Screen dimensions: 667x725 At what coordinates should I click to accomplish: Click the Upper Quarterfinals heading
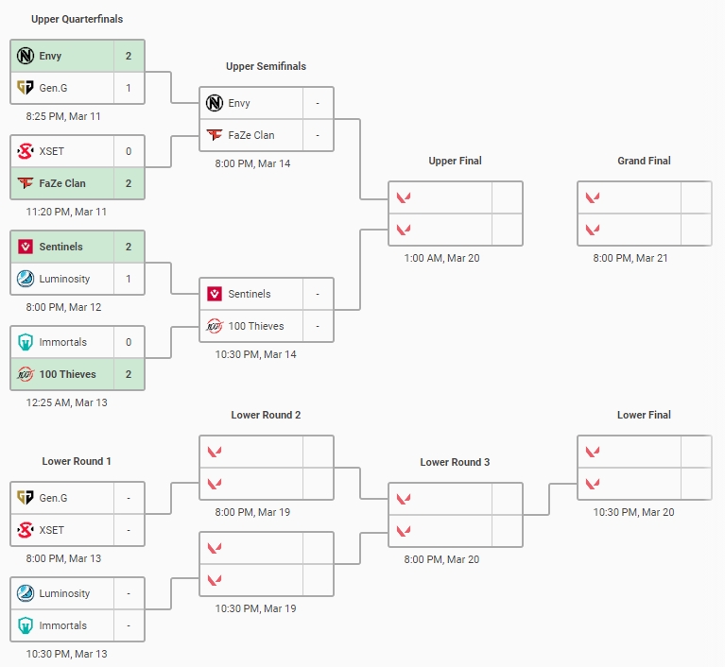[x=77, y=19]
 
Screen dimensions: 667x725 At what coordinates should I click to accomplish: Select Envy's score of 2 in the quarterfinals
[x=129, y=56]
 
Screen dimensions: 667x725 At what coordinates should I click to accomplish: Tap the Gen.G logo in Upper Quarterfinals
[x=26, y=88]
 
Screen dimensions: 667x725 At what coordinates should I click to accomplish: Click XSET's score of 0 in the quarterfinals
[x=129, y=151]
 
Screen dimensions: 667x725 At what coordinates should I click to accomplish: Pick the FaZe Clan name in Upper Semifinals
[x=251, y=135]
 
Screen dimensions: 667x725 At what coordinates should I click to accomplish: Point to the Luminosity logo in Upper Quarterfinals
[x=26, y=279]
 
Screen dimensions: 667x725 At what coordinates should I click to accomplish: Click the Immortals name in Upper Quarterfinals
[x=63, y=342]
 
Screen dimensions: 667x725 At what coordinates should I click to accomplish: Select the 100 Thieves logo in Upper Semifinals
[x=215, y=326]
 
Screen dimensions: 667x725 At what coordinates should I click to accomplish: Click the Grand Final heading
[x=644, y=161]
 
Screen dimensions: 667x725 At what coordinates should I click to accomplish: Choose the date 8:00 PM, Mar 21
[x=630, y=258]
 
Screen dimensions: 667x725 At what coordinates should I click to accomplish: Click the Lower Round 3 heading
[x=455, y=462]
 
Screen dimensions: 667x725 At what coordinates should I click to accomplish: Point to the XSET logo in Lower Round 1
[x=26, y=530]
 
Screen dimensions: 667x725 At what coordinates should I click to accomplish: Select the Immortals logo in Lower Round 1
[x=26, y=625]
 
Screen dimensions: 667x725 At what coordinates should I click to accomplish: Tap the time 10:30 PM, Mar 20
[x=631, y=512]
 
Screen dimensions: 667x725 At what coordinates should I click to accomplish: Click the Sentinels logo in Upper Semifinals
[x=215, y=294]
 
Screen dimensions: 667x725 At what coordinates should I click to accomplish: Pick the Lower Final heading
[x=644, y=415]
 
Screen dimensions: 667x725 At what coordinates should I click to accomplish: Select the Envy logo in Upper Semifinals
[x=215, y=103]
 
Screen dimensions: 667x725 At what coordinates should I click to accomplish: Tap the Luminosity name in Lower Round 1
[x=65, y=593]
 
